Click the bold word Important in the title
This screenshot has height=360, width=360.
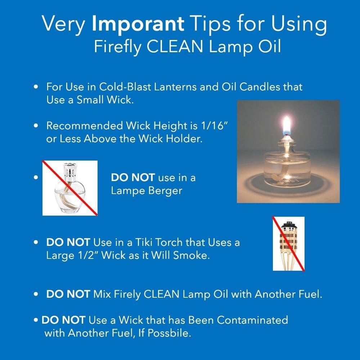138,24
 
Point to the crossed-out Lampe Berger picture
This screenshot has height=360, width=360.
70,188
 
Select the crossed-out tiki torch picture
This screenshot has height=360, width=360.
288,244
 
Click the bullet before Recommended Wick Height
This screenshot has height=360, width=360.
36,126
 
